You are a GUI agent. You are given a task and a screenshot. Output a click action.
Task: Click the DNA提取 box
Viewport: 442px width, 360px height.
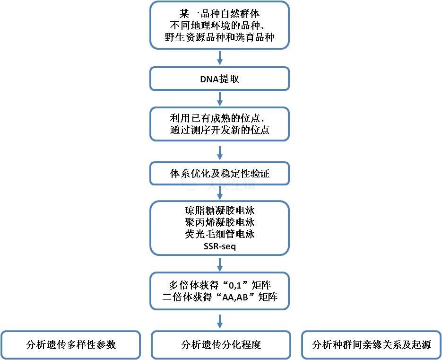[x=219, y=79]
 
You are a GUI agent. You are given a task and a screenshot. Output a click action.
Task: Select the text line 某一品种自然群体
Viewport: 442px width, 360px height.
[x=219, y=14]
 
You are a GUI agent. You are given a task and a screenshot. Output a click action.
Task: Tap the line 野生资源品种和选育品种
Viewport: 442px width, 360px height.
[x=219, y=37]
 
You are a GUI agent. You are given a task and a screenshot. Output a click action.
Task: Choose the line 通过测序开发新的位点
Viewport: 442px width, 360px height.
[x=219, y=130]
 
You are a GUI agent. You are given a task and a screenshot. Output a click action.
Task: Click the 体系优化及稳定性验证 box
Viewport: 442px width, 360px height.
[x=219, y=173]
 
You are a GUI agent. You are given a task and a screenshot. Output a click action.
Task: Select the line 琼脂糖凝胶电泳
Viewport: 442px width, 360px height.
[x=220, y=211]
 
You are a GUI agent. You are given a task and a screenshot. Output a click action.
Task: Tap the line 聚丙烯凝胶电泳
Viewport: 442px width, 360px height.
[x=220, y=222]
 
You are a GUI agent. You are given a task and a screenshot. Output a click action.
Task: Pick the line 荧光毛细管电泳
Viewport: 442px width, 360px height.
[x=220, y=234]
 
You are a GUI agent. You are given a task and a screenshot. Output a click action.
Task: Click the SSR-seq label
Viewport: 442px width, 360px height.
[x=220, y=246]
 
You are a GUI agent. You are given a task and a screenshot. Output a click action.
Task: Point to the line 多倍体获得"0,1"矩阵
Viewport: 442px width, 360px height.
[x=220, y=285]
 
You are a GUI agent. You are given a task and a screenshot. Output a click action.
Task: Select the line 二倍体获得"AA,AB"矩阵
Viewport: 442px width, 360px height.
[x=220, y=297]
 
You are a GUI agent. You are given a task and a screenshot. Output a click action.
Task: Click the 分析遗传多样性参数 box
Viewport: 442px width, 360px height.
[x=70, y=345]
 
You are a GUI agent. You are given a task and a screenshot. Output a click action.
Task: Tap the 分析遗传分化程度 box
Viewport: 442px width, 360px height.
[x=221, y=345]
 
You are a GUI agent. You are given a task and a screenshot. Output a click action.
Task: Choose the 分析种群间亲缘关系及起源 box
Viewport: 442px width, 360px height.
[x=371, y=345]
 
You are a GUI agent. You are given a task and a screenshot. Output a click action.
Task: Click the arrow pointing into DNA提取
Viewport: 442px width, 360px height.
[x=220, y=58]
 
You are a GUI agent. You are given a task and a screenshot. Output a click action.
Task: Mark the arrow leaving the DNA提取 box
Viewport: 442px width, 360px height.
[x=220, y=99]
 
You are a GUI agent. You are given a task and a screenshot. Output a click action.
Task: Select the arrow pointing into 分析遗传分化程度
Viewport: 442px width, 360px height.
[x=220, y=321]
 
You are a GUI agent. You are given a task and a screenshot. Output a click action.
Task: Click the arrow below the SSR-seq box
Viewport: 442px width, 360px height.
[x=220, y=264]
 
